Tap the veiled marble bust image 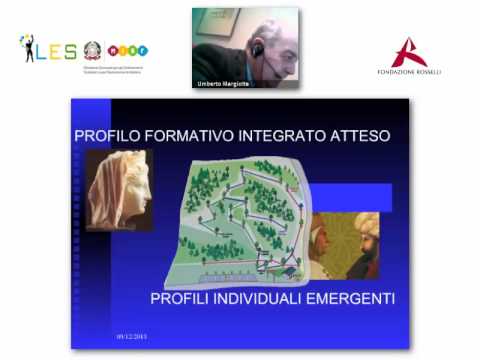120,190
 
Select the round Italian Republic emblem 93,49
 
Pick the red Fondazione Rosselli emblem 408,51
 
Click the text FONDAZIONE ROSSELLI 408,72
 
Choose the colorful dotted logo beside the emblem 127,50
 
